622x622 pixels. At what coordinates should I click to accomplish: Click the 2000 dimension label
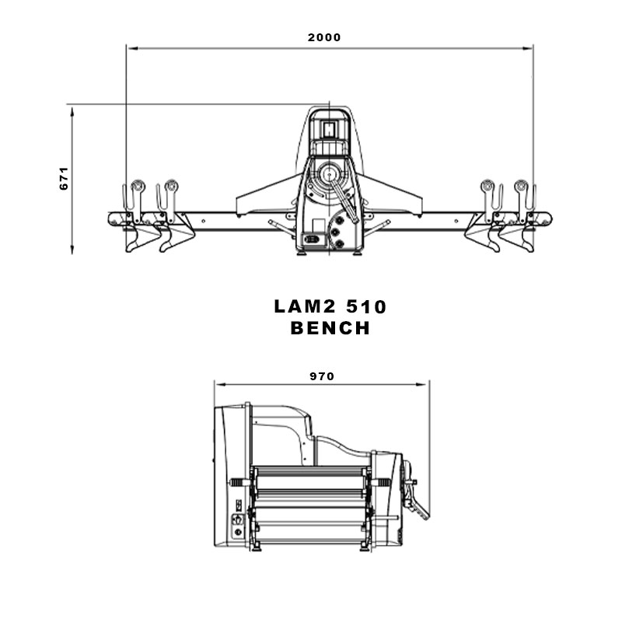coord(324,37)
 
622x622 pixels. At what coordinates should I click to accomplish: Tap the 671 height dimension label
coord(64,179)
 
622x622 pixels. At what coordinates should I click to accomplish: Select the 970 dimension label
coord(322,376)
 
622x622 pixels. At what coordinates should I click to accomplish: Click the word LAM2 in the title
coord(305,306)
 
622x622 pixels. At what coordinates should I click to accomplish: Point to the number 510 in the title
coord(366,306)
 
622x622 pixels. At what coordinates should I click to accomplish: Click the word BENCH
coord(330,328)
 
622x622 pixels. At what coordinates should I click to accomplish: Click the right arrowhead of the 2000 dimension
coord(528,48)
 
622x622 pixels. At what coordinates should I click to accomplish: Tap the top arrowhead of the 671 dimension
coord(72,111)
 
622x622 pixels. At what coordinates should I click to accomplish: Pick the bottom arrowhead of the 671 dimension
coord(72,248)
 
